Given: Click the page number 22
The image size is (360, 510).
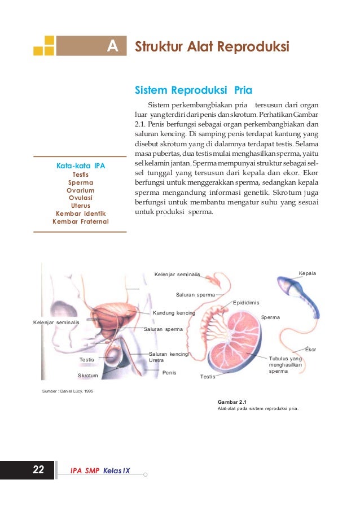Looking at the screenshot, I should pyautogui.click(x=38, y=469).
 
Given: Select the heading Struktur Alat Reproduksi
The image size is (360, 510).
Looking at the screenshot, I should pyautogui.click(x=212, y=46).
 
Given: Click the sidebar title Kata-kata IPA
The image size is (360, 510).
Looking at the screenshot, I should pyautogui.click(x=81, y=165).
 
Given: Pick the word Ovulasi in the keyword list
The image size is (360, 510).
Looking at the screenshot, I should pyautogui.click(x=81, y=198).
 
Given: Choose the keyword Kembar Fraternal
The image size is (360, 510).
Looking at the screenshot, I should pyautogui.click(x=81, y=221).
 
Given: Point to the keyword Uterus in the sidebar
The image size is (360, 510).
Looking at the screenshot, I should pyautogui.click(x=81, y=206).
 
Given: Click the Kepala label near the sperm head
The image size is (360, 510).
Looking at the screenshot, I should pyautogui.click(x=307, y=273).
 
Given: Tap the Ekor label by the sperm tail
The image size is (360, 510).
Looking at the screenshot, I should pyautogui.click(x=310, y=350).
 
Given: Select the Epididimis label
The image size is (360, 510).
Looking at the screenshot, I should pyautogui.click(x=246, y=303).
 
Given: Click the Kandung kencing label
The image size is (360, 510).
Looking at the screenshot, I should pyautogui.click(x=174, y=312).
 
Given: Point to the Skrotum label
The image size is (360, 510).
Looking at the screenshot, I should pyautogui.click(x=88, y=375).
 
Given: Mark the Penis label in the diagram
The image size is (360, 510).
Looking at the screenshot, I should pyautogui.click(x=169, y=373).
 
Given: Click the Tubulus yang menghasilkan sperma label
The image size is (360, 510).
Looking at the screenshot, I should pyautogui.click(x=286, y=365).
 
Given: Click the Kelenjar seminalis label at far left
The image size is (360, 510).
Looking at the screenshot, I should pyautogui.click(x=56, y=322).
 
